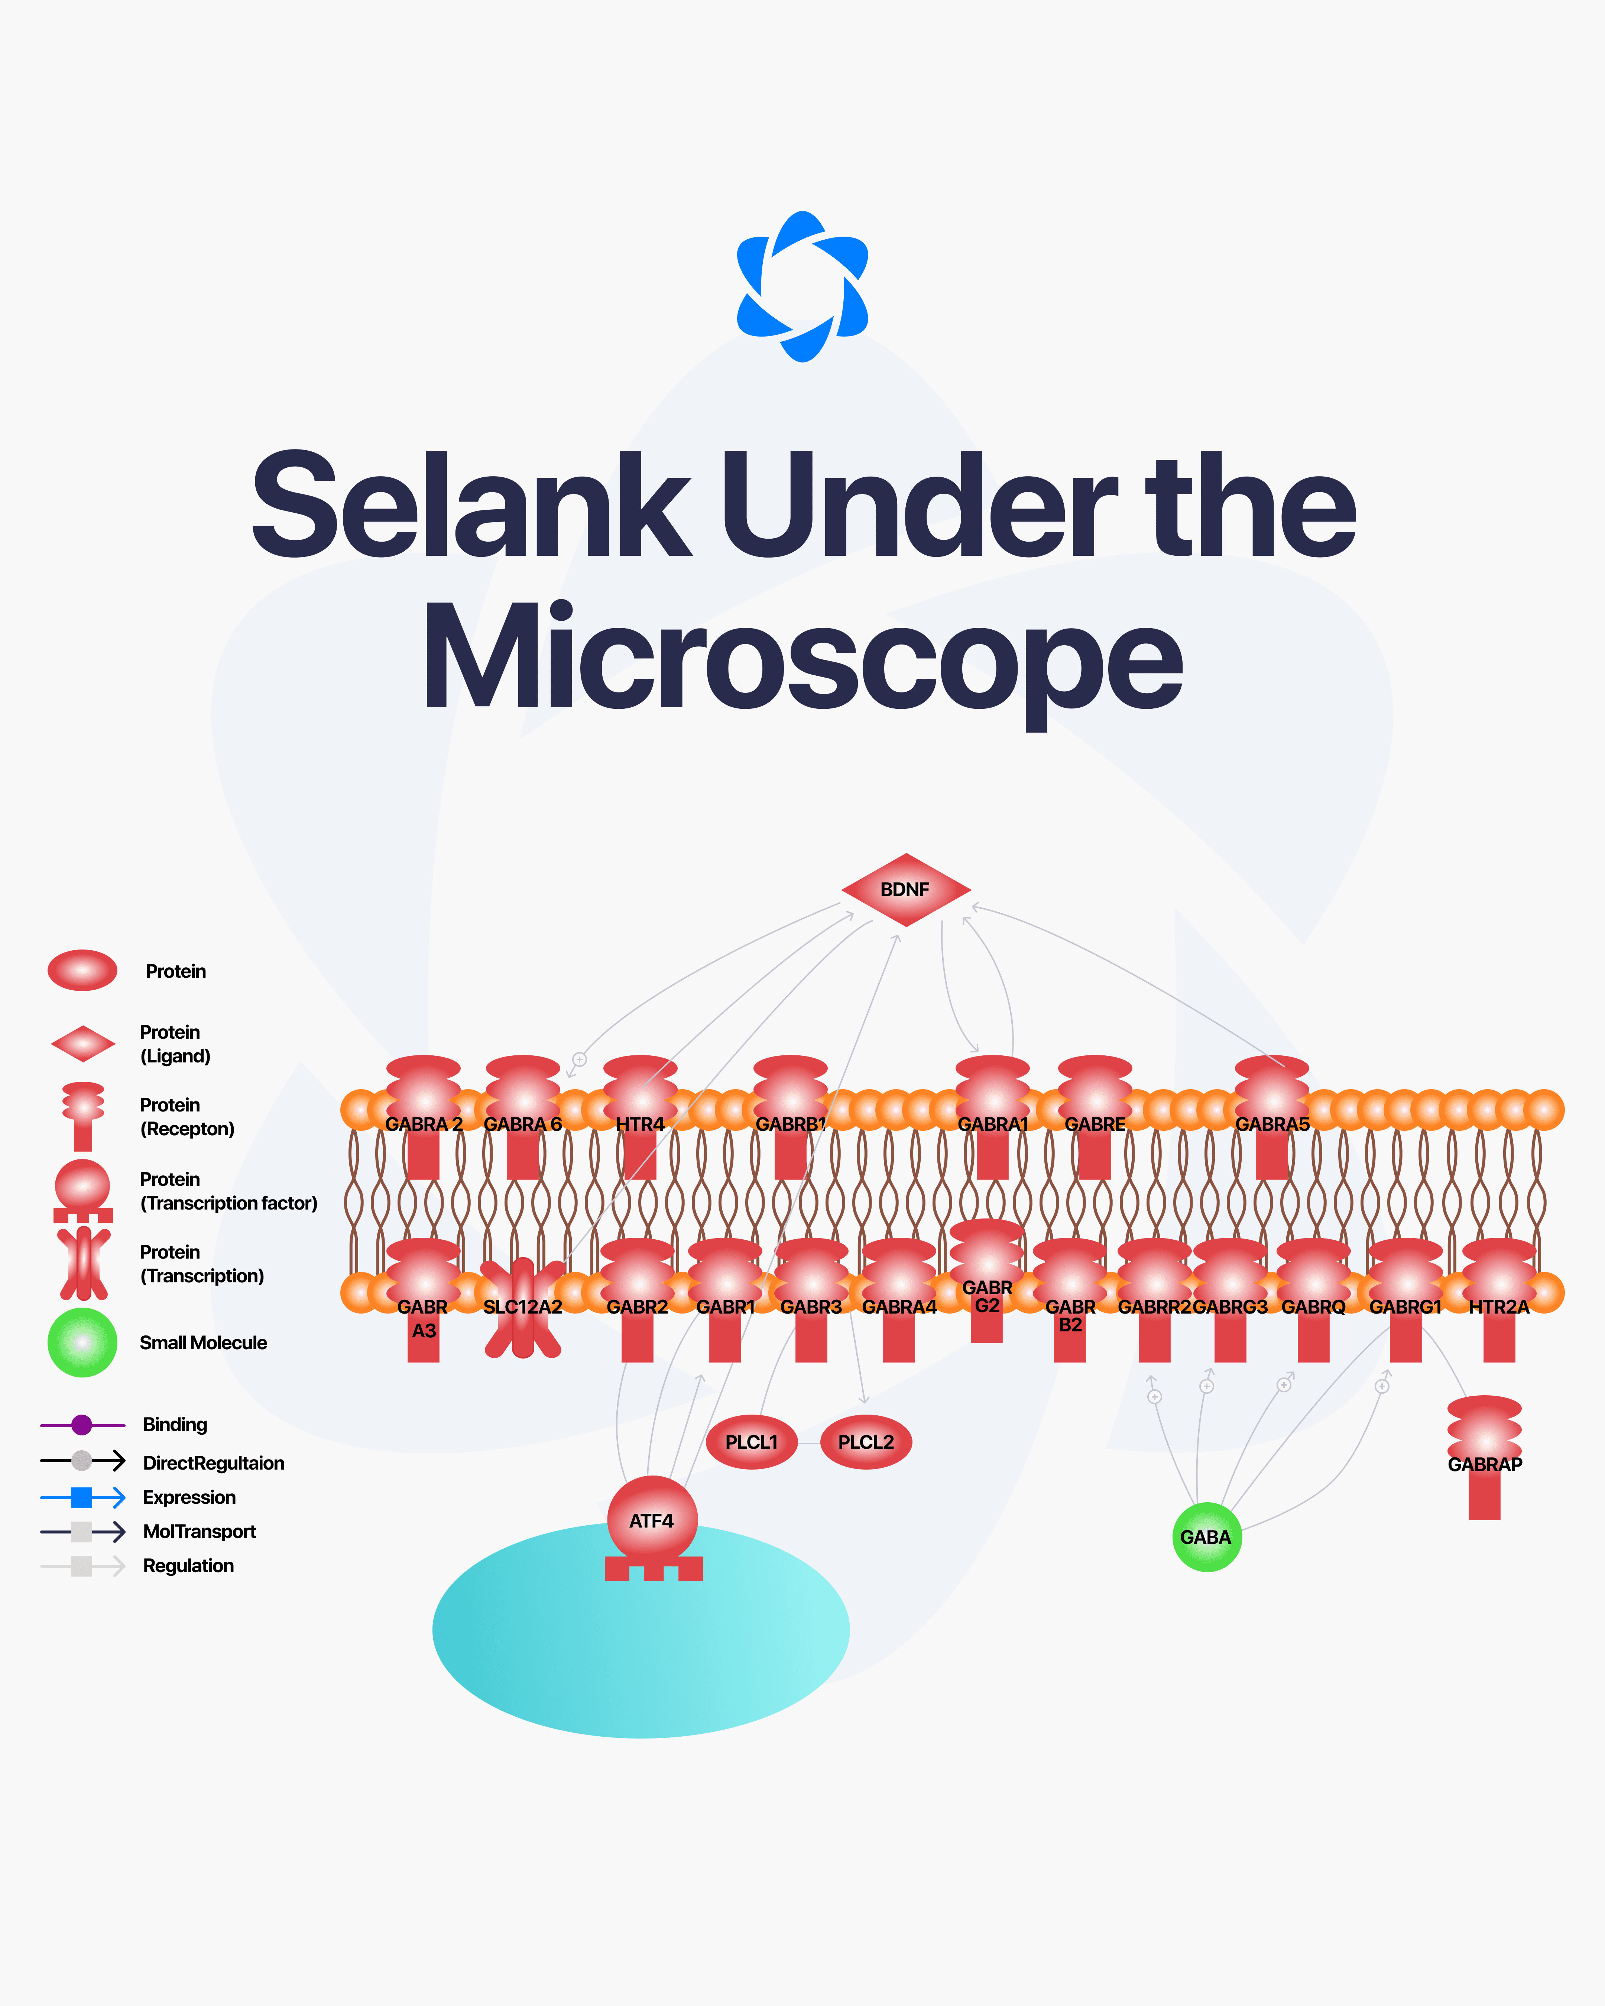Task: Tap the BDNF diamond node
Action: tap(905, 889)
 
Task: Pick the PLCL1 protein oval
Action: tap(751, 1442)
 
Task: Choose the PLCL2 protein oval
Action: tap(865, 1442)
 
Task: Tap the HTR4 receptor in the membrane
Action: tap(640, 1117)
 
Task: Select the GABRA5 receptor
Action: tap(1272, 1117)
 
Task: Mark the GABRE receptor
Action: tap(1095, 1117)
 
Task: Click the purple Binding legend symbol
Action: tap(82, 1425)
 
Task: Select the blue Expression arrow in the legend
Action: tap(82, 1497)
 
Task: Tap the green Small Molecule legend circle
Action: tap(82, 1343)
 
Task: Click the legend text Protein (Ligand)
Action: tap(174, 1044)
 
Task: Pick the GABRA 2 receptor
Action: tap(423, 1117)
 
